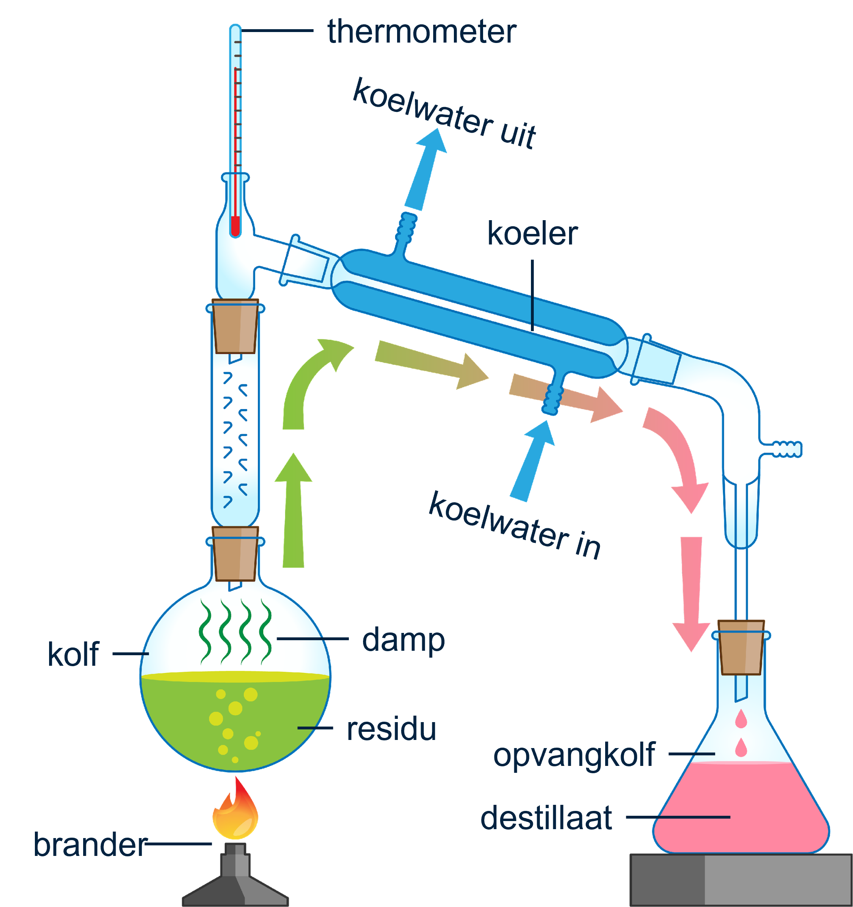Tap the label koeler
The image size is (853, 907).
(x=532, y=234)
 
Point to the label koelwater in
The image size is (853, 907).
(x=514, y=525)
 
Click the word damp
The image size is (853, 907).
(x=403, y=640)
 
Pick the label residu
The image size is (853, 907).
(x=391, y=729)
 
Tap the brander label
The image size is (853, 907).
(x=90, y=845)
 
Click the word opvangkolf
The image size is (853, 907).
(x=574, y=755)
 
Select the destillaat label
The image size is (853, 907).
(x=546, y=817)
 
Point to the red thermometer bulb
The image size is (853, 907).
(x=235, y=226)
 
